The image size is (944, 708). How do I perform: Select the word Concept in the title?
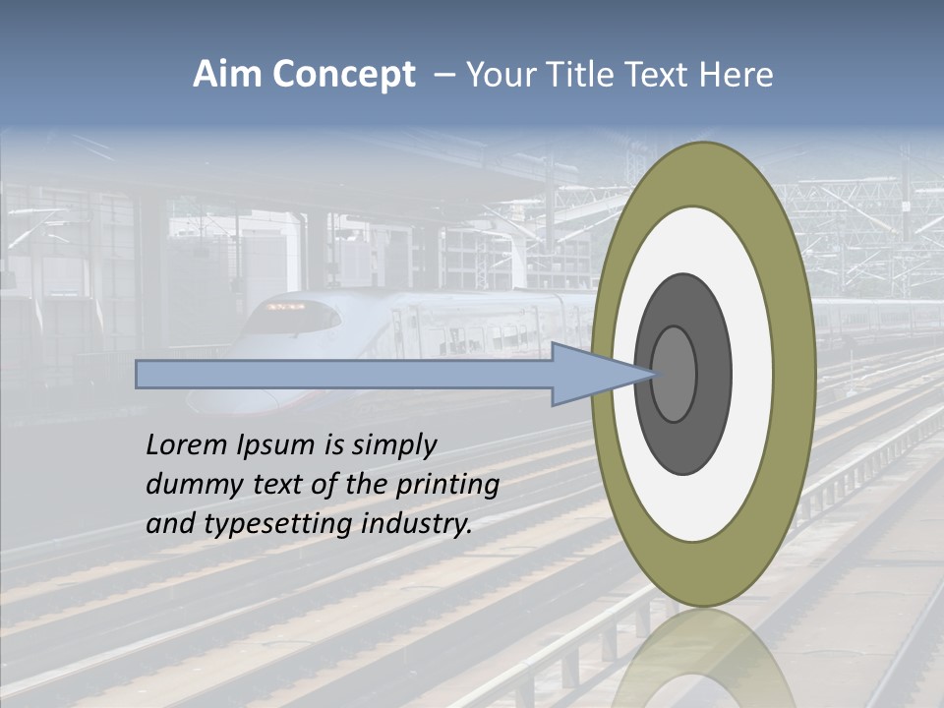[x=343, y=76]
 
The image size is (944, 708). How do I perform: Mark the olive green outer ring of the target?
[x=793, y=374]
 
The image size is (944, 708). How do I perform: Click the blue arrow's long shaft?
[x=344, y=374]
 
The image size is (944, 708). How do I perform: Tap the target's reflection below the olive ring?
[x=703, y=654]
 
